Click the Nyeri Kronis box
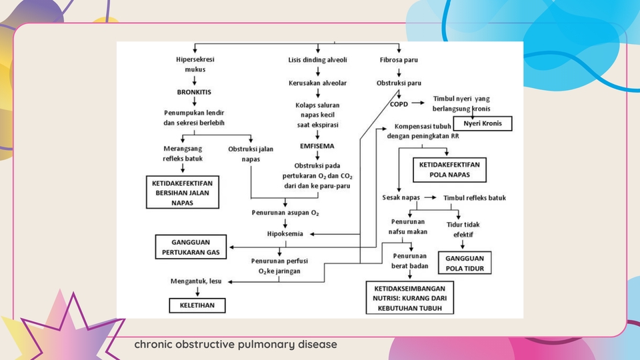pos(483,124)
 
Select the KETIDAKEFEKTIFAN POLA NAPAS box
pos(449,169)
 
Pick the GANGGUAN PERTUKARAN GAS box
pos(191,247)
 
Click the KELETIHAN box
pos(196,305)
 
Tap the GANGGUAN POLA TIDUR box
pos(464,263)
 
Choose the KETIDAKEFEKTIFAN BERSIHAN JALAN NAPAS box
pos(183,192)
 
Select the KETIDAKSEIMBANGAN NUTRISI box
pos(409,297)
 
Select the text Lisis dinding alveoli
pos(317,59)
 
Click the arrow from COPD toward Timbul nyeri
pos(419,103)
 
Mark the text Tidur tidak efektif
pos(463,229)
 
